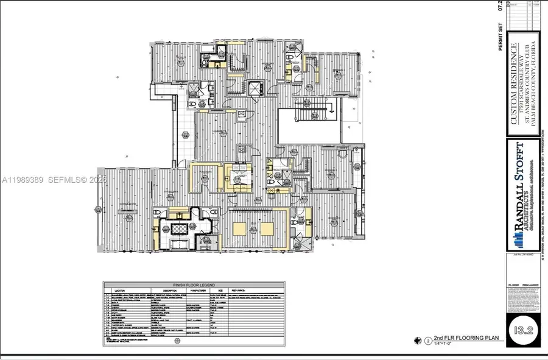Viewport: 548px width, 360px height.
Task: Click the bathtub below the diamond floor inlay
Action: pyautogui.click(x=180, y=245)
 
